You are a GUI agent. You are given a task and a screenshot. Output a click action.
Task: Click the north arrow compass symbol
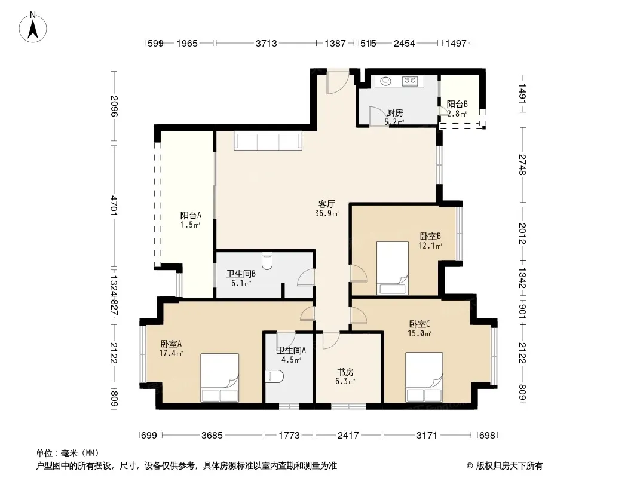[x=33, y=27]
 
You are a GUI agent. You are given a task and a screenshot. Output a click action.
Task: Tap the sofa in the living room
[x=268, y=140]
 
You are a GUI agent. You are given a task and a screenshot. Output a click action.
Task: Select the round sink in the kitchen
[x=385, y=81]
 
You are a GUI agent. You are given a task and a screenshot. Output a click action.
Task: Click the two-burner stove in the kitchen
[x=410, y=81]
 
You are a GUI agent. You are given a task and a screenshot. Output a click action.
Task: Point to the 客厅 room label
[x=327, y=204]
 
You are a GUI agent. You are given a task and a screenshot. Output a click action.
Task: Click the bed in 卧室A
[x=219, y=378]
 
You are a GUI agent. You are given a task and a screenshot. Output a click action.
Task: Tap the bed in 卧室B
[x=392, y=268]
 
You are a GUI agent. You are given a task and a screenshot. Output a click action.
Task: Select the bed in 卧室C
[x=424, y=377]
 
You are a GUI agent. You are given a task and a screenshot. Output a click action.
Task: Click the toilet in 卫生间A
[x=274, y=376]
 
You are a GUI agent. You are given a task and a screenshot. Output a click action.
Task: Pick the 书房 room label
[x=345, y=372]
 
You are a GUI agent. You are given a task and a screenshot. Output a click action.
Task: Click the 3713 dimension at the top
[x=266, y=43]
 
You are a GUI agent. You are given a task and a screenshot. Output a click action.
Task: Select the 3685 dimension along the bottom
[x=212, y=436]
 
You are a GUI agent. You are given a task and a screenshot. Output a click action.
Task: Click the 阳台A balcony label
[x=191, y=215]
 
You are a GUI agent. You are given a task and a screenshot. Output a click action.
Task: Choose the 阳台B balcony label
[x=457, y=105]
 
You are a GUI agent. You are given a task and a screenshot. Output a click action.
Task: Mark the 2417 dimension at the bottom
[x=348, y=436]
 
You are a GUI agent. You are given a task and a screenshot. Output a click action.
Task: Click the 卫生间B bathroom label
[x=241, y=274]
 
